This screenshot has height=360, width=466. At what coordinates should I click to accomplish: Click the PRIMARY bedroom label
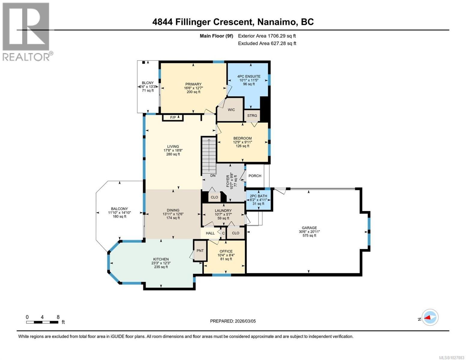[193, 84]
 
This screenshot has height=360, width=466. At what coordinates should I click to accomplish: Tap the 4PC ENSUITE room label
[249, 76]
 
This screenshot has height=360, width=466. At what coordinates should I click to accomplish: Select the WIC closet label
[231, 110]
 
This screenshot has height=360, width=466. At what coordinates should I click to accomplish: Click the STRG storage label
[252, 115]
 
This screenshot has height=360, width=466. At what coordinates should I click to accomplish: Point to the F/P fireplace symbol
[173, 117]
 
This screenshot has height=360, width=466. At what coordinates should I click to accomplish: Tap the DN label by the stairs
[213, 175]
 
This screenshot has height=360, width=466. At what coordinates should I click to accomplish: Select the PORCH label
[255, 176]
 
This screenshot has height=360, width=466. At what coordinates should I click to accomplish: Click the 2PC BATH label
[258, 196]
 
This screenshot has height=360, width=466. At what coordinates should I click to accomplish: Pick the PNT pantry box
[200, 251]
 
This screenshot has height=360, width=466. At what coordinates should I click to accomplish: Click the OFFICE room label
[226, 251]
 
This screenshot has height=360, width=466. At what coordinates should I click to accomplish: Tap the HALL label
[210, 233]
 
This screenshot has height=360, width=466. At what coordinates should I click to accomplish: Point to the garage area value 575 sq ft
[309, 235]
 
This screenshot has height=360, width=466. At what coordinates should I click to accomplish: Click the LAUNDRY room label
[223, 211]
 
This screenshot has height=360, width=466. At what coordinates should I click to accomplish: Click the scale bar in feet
[42, 322]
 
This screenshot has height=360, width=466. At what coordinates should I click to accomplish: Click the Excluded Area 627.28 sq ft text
[267, 43]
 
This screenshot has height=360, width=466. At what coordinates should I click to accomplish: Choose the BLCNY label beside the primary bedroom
[148, 83]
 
